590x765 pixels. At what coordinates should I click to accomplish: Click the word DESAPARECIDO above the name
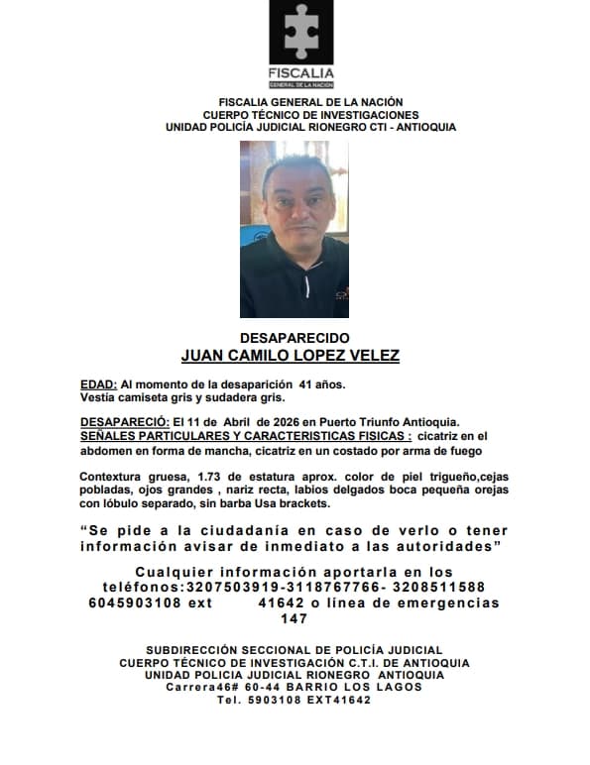295,338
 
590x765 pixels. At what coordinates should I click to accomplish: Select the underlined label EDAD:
98,383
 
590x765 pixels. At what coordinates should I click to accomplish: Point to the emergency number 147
295,618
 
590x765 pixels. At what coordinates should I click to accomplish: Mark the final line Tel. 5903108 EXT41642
295,700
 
